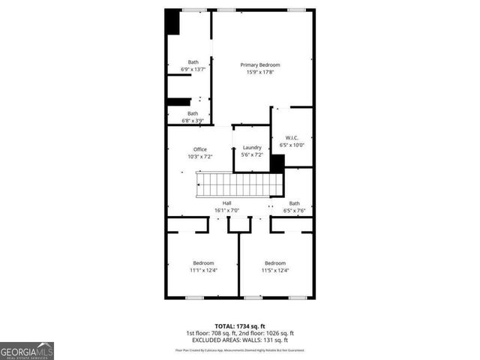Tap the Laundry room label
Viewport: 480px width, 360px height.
click(x=252, y=148)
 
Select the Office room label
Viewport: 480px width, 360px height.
click(x=200, y=149)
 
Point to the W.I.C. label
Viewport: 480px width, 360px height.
click(x=292, y=137)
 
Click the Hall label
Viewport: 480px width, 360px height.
click(x=226, y=203)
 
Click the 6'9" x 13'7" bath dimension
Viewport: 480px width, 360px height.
click(x=193, y=69)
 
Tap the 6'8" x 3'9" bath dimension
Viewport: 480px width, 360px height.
click(x=193, y=120)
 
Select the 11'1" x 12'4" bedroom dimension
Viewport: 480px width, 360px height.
click(x=203, y=270)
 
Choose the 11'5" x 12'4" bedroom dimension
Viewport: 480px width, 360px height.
click(x=275, y=270)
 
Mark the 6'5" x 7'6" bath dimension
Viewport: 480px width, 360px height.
click(x=294, y=211)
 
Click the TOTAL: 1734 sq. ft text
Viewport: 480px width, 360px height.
click(x=240, y=325)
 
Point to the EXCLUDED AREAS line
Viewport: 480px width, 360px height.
click(x=240, y=340)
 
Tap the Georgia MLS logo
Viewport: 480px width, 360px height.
click(x=27, y=350)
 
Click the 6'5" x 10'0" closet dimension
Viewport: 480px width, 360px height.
click(x=292, y=145)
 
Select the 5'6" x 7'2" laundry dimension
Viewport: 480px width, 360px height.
click(x=252, y=155)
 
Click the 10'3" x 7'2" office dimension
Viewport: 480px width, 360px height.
click(x=200, y=157)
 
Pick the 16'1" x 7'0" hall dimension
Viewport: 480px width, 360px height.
click(x=226, y=211)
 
